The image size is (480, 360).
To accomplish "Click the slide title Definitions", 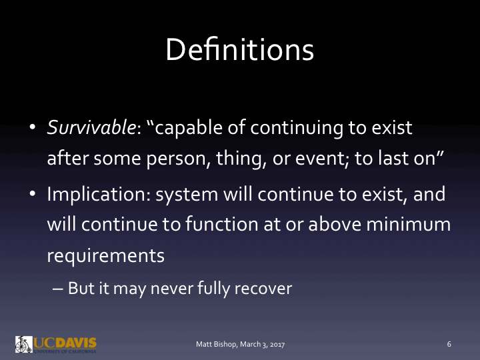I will (240, 51).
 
